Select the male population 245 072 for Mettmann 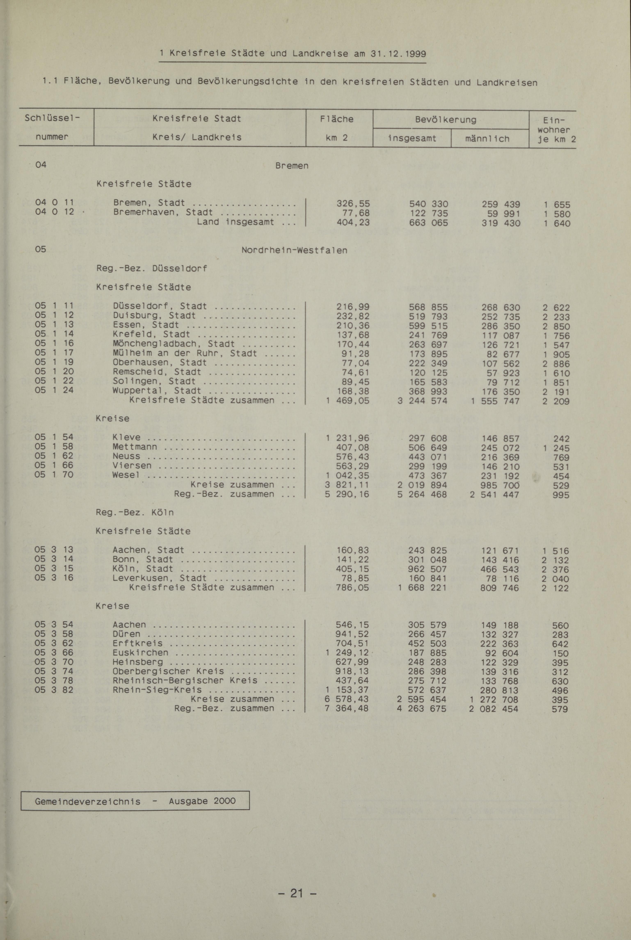(500, 448)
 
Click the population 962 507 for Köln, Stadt (428, 569)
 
